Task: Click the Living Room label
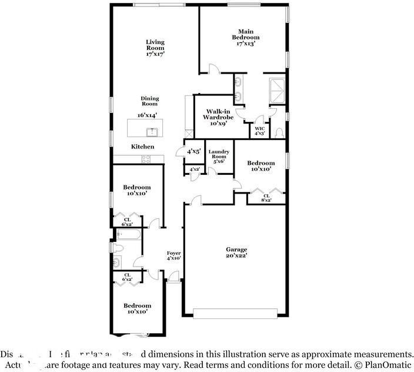click(x=155, y=48)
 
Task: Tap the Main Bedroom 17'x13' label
click(x=246, y=37)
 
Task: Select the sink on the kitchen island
click(x=152, y=131)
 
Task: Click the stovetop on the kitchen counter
click(x=145, y=158)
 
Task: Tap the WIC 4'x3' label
click(x=259, y=131)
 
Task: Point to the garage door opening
click(x=238, y=313)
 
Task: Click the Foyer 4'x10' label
click(x=173, y=255)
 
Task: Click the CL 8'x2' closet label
click(x=266, y=198)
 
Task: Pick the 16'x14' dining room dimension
click(x=147, y=115)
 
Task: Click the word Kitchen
click(x=142, y=147)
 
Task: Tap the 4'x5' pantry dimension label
click(x=194, y=151)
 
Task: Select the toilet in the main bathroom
click(x=281, y=132)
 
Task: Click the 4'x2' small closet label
click(x=194, y=170)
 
